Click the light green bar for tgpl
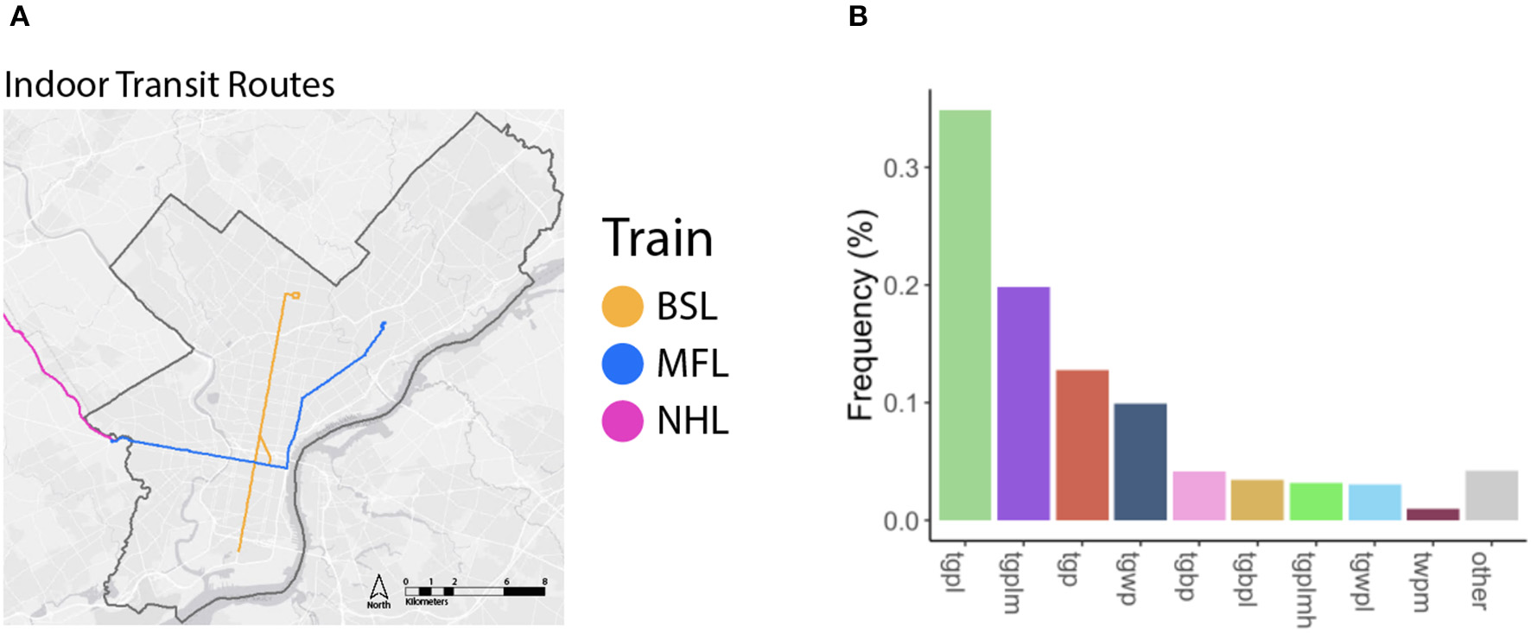964,315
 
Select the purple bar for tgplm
1023,403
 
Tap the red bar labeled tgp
1082,445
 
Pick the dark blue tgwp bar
1140,462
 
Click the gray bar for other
1491,495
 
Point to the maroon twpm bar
1433,515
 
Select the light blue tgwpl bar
1375,503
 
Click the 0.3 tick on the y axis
901,168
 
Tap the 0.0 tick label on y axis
901,521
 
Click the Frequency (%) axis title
861,315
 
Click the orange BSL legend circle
622,307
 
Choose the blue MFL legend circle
622,364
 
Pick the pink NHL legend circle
622,421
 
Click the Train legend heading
658,238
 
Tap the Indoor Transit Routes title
169,85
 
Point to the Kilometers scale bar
474,592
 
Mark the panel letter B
858,16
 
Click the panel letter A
19,16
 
